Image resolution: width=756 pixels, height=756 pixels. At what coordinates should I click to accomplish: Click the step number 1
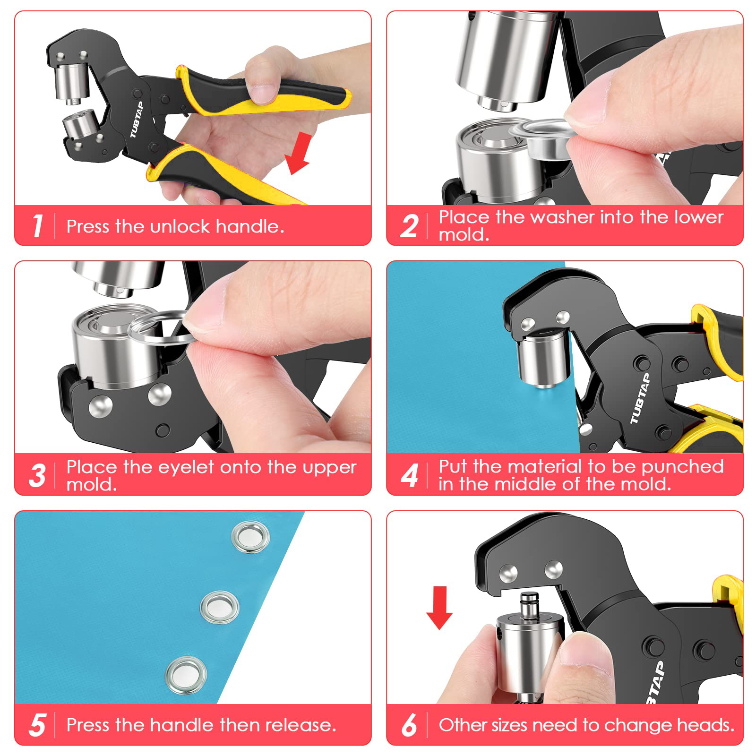click(x=38, y=226)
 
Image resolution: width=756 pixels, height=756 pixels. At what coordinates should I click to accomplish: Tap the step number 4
click(x=409, y=475)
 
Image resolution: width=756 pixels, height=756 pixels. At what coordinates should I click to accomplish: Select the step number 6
click(x=409, y=725)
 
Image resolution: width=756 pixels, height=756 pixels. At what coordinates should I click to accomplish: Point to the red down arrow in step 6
click(x=439, y=608)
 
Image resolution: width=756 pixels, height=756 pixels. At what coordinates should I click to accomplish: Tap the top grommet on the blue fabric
click(x=251, y=537)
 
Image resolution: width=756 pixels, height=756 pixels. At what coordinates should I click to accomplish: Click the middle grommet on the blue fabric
click(x=220, y=607)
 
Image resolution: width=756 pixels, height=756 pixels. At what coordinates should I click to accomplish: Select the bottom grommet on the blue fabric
click(x=186, y=675)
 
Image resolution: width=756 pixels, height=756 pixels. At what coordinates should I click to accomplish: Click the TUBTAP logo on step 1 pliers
click(x=136, y=120)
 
